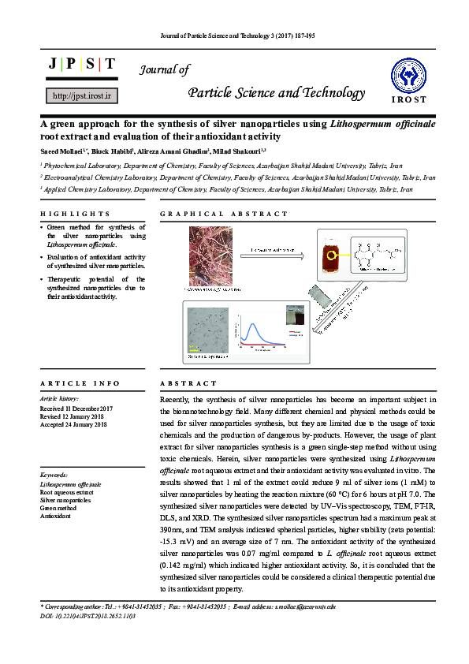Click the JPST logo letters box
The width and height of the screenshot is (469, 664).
83,64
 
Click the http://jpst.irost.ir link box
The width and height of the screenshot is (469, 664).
83,95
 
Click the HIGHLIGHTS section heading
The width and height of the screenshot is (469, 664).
75,214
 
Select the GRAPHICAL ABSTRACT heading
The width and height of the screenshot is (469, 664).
224,214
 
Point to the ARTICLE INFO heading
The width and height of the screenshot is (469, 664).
80,383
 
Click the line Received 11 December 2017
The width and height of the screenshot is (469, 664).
76,408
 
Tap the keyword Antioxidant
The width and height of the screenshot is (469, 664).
55,517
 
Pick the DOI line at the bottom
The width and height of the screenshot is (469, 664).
82,615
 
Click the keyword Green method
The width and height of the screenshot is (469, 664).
58,509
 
